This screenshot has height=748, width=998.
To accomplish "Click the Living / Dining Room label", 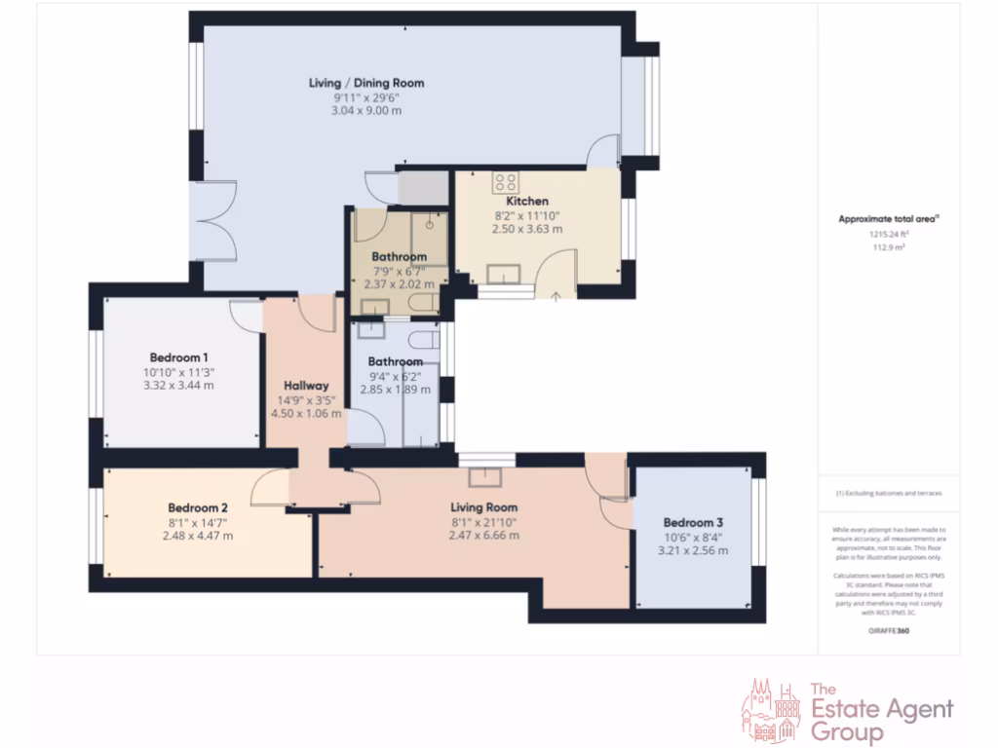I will pos(365,83).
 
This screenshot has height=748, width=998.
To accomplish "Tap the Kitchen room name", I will pos(526,202).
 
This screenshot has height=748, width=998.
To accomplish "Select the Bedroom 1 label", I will pos(178,357).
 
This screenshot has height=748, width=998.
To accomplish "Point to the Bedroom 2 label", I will pos(198,507).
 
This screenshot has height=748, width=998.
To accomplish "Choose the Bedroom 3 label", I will pos(694,521).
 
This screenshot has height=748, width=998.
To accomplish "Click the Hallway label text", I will pos(306,386).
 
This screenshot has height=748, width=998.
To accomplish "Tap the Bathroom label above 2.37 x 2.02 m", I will pos(400,257).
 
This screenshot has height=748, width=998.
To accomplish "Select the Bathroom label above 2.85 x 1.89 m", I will pos(395,361).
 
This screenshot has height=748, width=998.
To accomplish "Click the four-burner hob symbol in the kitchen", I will pos(505,180).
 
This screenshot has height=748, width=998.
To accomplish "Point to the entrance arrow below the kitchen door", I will pos(556,296).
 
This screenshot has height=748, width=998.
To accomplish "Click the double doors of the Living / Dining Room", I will pos(207,221).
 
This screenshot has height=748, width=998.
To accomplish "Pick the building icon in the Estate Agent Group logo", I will pos(772,710).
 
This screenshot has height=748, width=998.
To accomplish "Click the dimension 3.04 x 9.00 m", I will pos(365,111).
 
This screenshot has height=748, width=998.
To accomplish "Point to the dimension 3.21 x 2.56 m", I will pos(694,550).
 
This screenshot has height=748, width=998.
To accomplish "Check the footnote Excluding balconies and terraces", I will pos(888,494).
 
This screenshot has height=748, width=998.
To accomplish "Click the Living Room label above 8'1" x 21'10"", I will pos(483,507).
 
